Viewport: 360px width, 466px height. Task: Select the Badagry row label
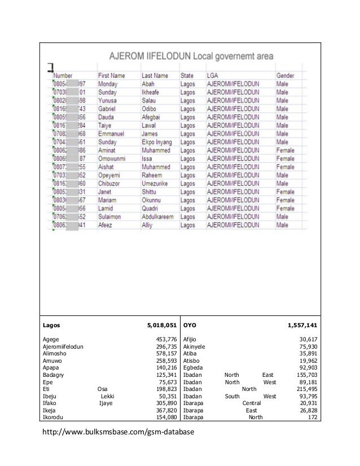tap(53, 382)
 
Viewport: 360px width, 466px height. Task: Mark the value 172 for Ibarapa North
tap(311, 418)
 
